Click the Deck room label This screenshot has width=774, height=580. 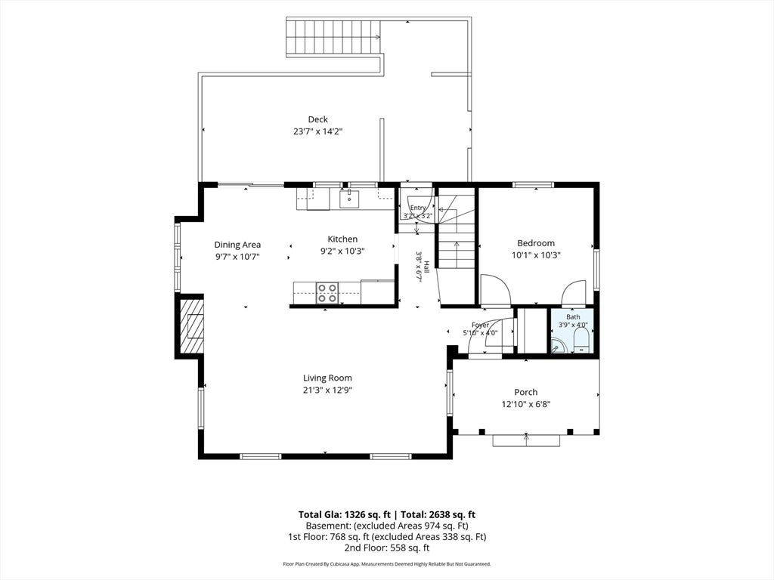318,119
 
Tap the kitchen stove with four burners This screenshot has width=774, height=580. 327,293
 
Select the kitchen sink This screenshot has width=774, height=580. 349,199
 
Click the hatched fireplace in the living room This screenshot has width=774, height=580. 191,325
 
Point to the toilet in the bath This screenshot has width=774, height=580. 581,341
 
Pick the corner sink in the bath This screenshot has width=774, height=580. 559,346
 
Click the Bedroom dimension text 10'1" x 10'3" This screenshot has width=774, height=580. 536,255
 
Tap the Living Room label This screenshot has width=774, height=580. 327,378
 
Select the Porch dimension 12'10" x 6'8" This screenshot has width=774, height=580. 526,405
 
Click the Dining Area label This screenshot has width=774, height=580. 237,244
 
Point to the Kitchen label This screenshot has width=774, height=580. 342,239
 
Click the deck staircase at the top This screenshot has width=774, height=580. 333,37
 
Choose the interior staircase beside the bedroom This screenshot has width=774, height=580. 457,232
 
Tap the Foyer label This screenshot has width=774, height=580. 480,325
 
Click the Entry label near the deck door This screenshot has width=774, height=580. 417,208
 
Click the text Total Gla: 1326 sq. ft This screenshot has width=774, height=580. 345,515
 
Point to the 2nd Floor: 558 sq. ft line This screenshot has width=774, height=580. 387,548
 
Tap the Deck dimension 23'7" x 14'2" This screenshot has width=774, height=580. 318,131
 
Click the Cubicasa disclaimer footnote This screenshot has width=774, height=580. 387,563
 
